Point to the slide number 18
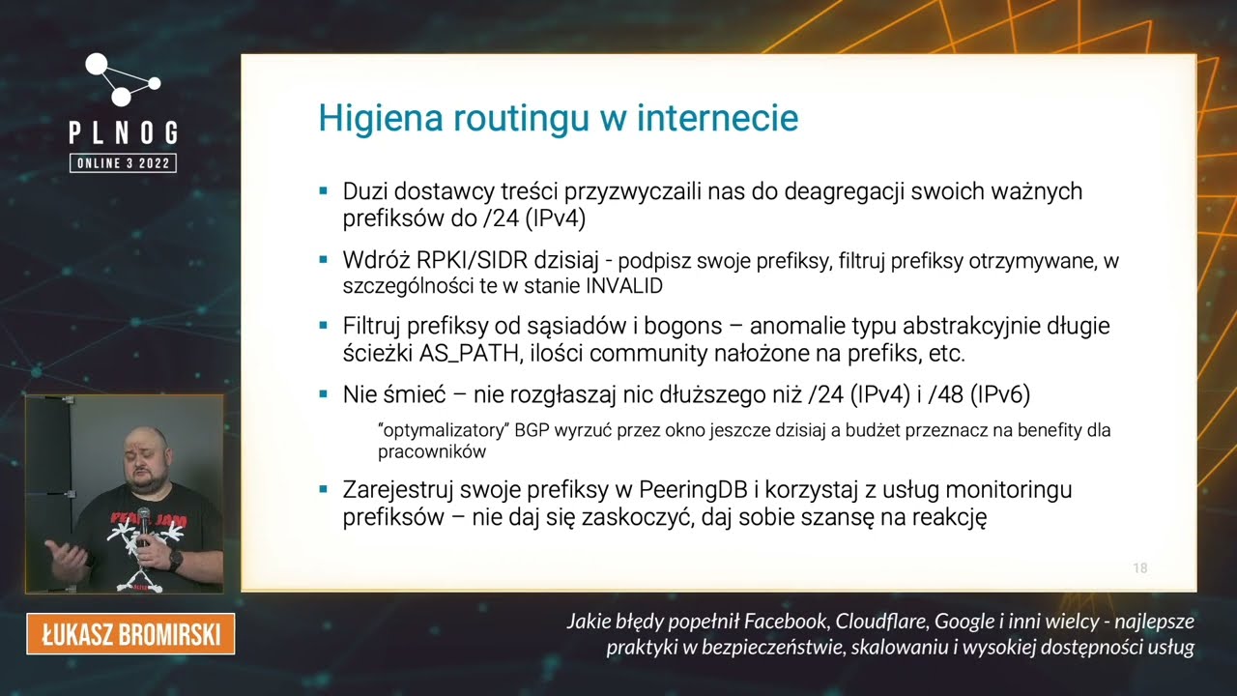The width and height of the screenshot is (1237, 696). point(1140,568)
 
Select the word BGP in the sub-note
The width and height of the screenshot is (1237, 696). point(531,429)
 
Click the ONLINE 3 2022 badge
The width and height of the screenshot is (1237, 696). point(123,163)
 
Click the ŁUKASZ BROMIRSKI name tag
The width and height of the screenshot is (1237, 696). point(130,634)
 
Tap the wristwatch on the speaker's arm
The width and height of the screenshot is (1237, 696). point(176,558)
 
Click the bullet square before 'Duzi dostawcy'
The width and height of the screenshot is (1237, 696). point(324,190)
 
